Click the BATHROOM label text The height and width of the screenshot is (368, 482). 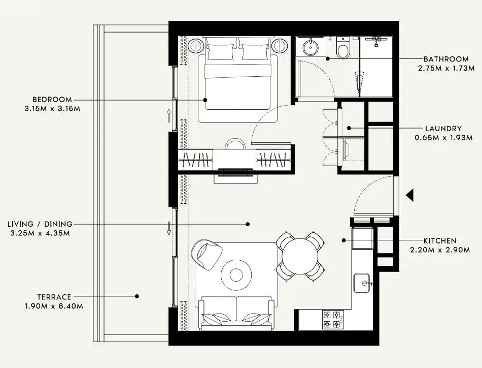tap(446, 59)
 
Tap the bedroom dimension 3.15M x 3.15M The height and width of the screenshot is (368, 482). tap(52, 109)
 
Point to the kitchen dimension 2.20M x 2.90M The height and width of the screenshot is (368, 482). tap(440, 250)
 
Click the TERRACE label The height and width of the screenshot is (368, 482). tap(54, 297)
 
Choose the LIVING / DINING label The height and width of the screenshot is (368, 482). tap(40, 224)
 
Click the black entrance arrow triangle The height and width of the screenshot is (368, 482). tap(409, 195)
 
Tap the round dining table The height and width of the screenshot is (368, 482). tap(300, 257)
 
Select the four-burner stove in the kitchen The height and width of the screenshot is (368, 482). tap(333, 320)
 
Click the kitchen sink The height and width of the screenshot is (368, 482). tap(363, 283)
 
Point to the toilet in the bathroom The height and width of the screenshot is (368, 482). tap(343, 48)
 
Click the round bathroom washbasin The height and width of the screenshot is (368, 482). tap(311, 47)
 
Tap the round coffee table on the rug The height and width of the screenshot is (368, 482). tap(236, 275)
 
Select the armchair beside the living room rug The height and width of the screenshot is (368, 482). tap(206, 255)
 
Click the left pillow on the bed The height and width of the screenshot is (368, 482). tap(220, 52)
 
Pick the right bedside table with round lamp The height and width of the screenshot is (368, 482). tap(280, 46)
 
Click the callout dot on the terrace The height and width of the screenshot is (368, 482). tap(137, 296)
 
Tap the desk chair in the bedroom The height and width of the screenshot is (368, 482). tap(235, 144)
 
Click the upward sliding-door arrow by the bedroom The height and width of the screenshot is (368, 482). tap(169, 116)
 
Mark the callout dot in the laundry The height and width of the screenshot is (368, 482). tap(349, 128)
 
